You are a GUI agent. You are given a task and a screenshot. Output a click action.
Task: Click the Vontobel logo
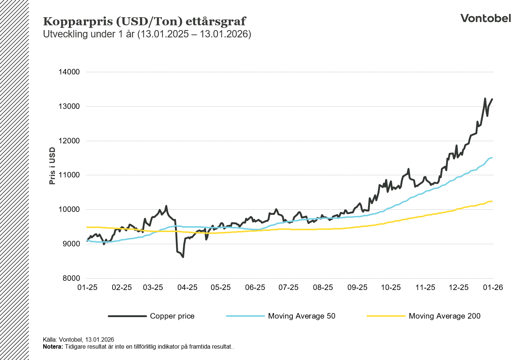(x=485, y=18)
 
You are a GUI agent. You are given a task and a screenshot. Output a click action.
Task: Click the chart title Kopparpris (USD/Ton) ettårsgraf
(x=144, y=21)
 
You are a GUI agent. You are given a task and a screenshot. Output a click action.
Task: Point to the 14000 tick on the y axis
(x=69, y=72)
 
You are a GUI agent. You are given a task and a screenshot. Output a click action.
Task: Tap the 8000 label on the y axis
(x=69, y=278)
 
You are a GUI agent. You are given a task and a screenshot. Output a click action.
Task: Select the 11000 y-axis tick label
(x=69, y=175)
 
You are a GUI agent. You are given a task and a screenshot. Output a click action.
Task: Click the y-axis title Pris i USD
(x=52, y=166)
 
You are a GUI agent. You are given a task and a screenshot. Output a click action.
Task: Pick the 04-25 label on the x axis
(x=187, y=287)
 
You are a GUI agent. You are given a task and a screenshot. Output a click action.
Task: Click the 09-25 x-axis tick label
(x=357, y=287)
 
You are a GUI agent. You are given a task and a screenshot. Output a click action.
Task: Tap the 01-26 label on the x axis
(x=493, y=287)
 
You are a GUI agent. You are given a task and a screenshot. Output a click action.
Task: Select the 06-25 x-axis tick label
(x=255, y=287)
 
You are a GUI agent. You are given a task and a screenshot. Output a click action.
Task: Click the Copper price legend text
(x=172, y=316)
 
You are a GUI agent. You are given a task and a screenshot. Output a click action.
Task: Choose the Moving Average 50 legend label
(x=301, y=316)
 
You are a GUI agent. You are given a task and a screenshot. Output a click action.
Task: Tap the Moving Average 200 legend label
(x=444, y=316)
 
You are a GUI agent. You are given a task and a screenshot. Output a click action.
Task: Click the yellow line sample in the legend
(x=386, y=316)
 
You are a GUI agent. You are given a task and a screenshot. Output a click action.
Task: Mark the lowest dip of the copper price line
(x=183, y=257)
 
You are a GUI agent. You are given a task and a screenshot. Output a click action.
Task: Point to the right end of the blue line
(x=492, y=158)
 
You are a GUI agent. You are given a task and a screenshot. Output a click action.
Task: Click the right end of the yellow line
(x=492, y=201)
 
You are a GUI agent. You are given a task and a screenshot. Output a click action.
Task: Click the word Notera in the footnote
(x=53, y=347)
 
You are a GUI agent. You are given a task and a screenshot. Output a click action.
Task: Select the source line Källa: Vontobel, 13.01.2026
(x=78, y=340)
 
